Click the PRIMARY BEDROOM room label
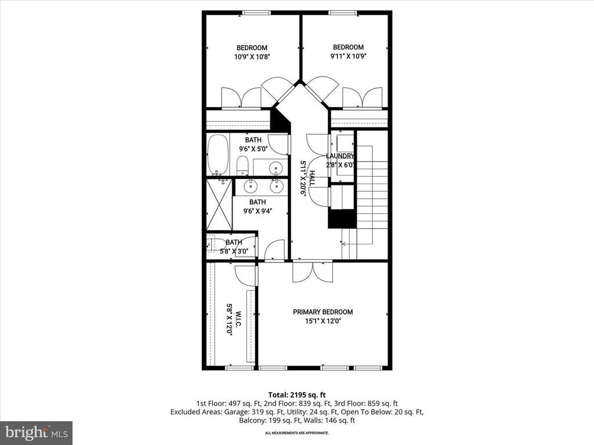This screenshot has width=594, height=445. [323, 312]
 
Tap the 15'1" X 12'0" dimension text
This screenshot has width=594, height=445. [323, 321]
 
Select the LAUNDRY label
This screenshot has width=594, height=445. [340, 156]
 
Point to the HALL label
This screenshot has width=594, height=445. [312, 178]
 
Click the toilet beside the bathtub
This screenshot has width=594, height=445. [242, 166]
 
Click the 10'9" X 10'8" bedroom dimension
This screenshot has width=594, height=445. [252, 57]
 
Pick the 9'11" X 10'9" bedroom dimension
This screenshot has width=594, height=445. [349, 56]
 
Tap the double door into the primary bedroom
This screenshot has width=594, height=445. [313, 271]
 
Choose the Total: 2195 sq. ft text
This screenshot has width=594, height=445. [297, 395]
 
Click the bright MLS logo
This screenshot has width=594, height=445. [37, 432]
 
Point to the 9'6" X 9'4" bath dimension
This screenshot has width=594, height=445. [258, 211]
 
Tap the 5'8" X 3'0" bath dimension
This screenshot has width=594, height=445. [234, 251]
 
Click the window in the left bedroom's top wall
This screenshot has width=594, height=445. [256, 13]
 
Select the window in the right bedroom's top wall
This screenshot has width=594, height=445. [343, 13]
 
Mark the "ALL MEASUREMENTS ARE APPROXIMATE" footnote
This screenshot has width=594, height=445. [297, 433]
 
